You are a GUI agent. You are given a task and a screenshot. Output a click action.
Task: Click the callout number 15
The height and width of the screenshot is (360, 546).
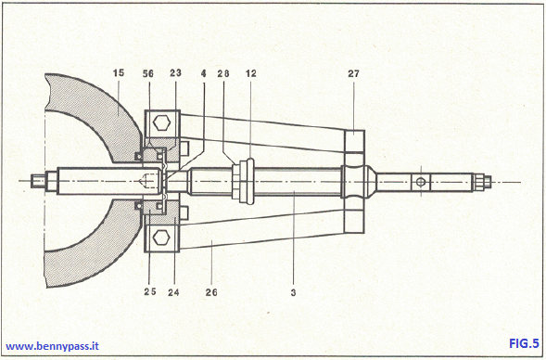119,72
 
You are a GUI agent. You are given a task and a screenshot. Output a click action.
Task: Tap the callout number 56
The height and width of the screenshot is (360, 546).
149,72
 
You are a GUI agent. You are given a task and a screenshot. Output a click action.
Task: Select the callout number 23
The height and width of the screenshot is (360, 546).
174,72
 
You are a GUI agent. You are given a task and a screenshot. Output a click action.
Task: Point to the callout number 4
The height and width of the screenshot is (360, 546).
203,72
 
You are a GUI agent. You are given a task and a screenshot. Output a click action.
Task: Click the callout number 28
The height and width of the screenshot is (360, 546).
225,72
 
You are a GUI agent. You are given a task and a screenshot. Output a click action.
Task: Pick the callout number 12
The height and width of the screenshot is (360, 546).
251,72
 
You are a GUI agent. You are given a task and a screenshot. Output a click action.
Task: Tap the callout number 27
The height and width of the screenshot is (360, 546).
354,72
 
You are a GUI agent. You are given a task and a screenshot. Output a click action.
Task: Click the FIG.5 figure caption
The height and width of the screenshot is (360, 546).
524,344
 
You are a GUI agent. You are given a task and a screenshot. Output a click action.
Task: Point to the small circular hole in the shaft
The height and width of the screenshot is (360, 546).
419,181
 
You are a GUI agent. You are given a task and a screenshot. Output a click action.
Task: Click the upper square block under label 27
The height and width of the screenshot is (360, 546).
356,142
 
